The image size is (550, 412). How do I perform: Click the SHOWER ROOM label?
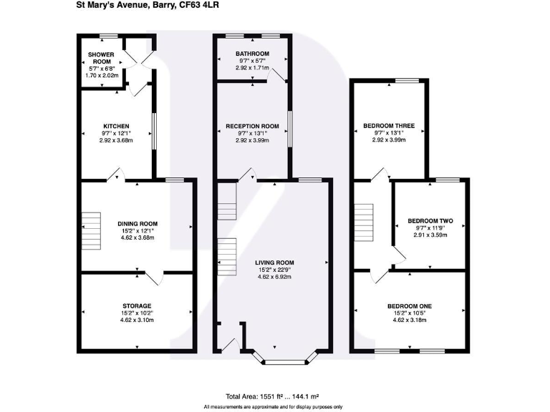coord(101,58)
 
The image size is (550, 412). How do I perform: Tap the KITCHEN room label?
coord(115,126)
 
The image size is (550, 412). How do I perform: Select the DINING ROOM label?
coord(137,223)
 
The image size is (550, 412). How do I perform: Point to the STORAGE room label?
coord(136,306)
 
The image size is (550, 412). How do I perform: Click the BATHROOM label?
coord(253,54)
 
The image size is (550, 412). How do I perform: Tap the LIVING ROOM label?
coord(275,263)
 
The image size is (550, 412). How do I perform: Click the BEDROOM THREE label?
coord(389,126)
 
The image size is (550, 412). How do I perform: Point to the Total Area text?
coord(272,396)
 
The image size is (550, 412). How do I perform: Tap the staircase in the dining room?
coord(91,230)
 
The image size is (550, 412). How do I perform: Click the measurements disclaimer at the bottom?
coord(274,406)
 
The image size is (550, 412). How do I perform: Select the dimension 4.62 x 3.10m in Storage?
coord(136,320)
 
